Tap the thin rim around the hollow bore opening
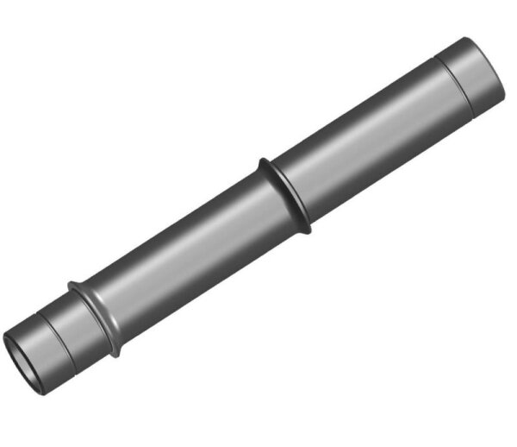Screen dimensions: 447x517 [8, 343]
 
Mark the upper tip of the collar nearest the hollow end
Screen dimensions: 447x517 [72, 284]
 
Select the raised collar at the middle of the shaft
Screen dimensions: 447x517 [284, 193]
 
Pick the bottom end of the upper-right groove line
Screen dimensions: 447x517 [473, 116]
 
